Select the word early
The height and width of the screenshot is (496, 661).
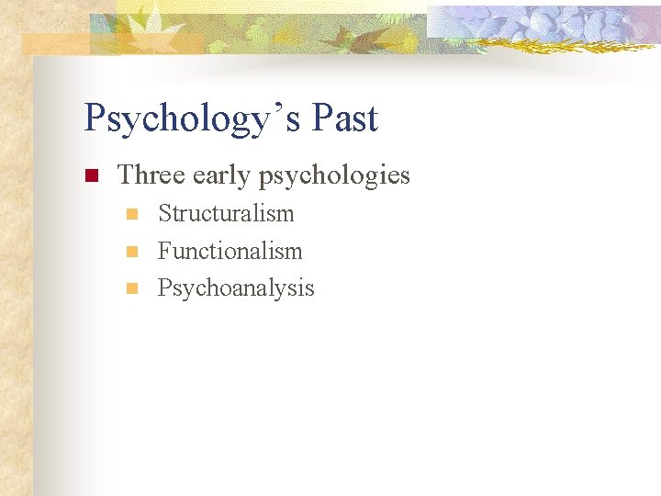coord(221,175)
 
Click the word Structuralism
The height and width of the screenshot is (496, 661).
coord(226,214)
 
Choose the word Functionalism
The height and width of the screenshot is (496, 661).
coord(230,251)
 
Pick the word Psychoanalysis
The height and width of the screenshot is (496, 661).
coord(236,288)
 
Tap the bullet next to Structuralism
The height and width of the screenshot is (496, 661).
coord(131,215)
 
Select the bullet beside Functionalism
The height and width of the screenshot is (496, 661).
coord(131,252)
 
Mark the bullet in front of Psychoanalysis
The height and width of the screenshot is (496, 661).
coord(131,288)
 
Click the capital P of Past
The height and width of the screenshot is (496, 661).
coord(320,118)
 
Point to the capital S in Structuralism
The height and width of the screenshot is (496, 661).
coord(165,214)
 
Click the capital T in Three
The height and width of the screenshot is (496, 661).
coord(127,175)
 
